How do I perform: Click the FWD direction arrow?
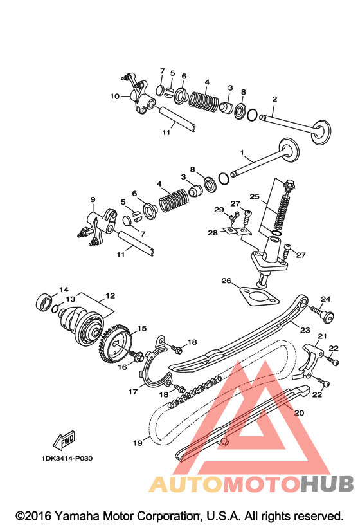coord(64,439)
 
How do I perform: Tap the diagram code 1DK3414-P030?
coord(67,458)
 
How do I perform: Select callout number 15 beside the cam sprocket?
coord(142,329)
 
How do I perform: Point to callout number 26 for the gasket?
coord(226,281)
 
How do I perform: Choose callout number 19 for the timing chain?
coord(138,443)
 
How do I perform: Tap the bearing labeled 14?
coord(44,302)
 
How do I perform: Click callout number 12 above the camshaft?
coord(110,296)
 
